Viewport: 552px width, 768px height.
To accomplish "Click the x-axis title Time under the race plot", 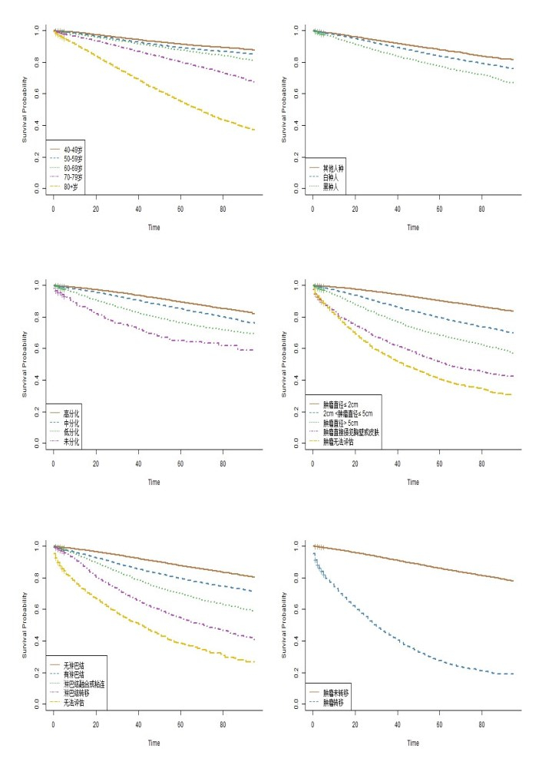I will coord(413,227).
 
